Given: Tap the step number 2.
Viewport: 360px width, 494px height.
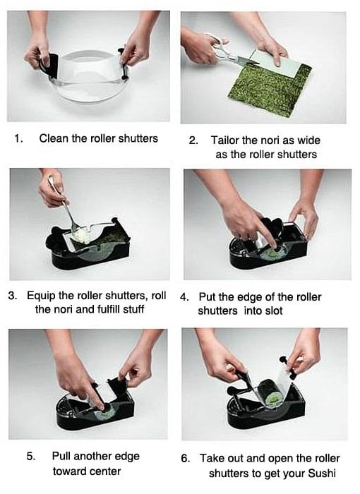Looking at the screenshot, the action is (x=193, y=140).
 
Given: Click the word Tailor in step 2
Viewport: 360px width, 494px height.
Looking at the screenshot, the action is (x=224, y=140).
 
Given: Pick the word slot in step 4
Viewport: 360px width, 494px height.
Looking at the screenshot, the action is (x=272, y=311).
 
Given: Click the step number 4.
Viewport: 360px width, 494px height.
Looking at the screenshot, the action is (x=184, y=297).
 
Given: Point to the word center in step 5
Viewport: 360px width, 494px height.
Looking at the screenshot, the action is (x=102, y=471).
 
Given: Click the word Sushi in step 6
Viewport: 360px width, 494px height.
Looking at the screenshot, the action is (x=322, y=474).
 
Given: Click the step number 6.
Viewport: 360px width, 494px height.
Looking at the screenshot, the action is (x=186, y=458).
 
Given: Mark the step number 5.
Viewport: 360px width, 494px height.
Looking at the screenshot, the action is (x=30, y=456).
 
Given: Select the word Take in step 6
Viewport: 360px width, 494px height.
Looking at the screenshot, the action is (x=212, y=458).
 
